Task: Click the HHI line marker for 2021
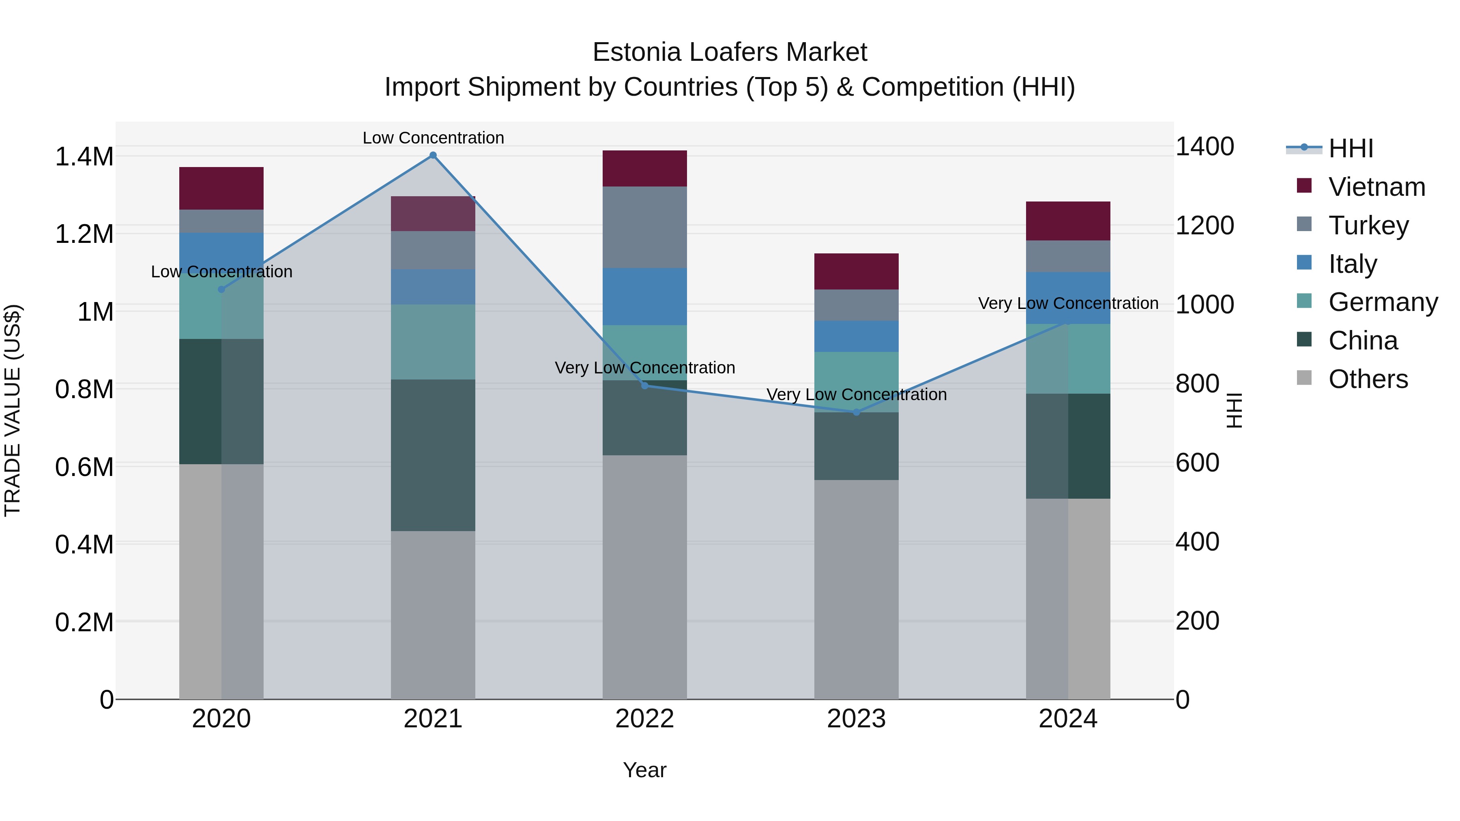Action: (433, 155)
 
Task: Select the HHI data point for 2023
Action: (857, 412)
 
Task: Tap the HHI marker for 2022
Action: (644, 385)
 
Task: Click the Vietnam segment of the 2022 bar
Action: (644, 168)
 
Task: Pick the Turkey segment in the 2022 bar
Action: (644, 227)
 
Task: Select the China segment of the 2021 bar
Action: (433, 454)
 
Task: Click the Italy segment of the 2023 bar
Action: (857, 336)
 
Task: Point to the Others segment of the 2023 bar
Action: (857, 589)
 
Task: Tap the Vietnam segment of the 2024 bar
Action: (1068, 221)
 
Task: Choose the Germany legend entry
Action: (1383, 302)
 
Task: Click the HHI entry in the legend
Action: (1350, 148)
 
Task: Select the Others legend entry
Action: (1368, 379)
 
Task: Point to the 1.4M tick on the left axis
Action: (84, 157)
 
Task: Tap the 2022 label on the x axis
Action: (644, 718)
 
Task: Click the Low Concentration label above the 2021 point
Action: (433, 138)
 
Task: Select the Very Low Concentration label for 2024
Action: (1068, 303)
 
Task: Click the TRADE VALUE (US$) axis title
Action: (13, 410)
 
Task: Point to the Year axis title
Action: (644, 770)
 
